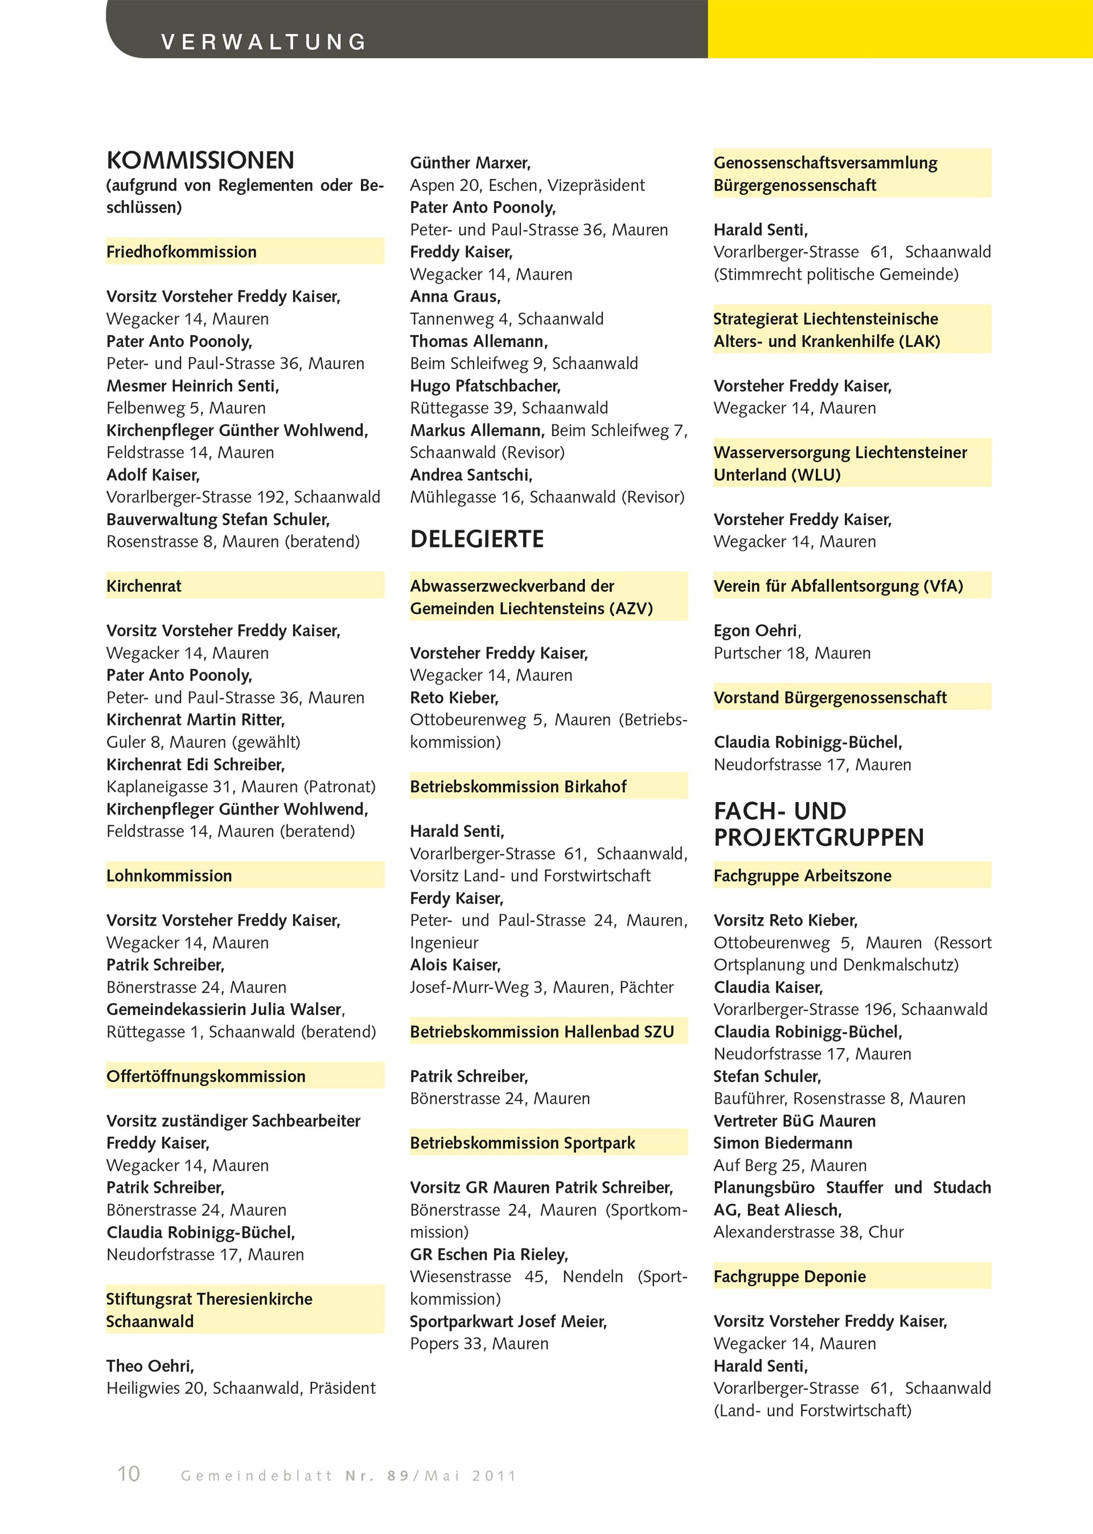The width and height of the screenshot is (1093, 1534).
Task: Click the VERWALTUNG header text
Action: coord(263,42)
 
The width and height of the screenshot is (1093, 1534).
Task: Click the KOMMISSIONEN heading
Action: coord(200,160)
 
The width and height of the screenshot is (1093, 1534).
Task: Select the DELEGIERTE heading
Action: coord(476,539)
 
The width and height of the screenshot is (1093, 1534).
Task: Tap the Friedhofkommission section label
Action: coord(182,252)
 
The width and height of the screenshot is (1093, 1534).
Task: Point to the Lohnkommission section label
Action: coord(169,876)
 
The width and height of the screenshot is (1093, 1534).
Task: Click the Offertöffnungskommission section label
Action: coord(206,1076)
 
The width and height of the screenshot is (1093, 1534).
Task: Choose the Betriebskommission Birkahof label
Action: coord(517,787)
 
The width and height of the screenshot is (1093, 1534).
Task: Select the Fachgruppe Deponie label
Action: coord(790,1276)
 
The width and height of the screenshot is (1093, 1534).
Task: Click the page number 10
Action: coord(129,1474)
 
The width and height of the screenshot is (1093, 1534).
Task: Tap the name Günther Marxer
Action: coord(470,163)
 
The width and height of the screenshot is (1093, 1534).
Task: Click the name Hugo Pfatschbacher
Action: coord(485,386)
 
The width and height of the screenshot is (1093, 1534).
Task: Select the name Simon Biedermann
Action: coord(783,1143)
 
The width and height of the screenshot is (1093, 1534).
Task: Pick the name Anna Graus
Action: coord(455,296)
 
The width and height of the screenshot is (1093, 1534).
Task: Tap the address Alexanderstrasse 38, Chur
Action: coord(808,1232)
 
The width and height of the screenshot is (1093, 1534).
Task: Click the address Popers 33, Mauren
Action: coord(479,1343)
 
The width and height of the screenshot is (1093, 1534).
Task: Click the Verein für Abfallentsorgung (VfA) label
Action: coord(838,586)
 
